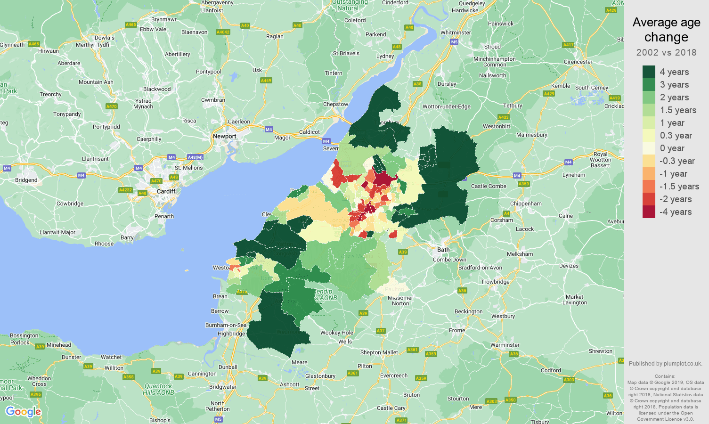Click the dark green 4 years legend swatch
(649, 72)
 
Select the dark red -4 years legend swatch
(649, 212)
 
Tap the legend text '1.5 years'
(678, 110)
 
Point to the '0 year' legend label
(672, 148)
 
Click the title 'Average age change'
(666, 29)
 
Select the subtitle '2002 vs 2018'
(666, 52)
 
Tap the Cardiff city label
(166, 191)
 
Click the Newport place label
(224, 136)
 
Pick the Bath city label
(443, 250)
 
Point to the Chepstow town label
(335, 104)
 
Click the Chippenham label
(526, 204)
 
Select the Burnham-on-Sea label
(226, 325)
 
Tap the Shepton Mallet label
(379, 352)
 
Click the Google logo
(24, 412)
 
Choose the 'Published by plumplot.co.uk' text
(665, 363)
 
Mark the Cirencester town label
(578, 62)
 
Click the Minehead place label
(59, 345)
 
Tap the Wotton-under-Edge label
(446, 106)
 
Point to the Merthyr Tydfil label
(93, 45)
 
